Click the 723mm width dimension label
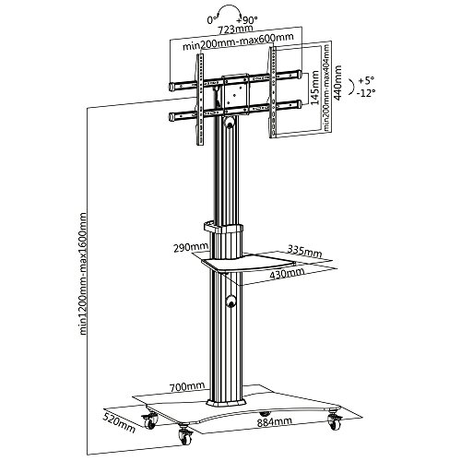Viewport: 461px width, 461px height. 235,30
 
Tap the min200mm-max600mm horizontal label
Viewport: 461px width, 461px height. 238,41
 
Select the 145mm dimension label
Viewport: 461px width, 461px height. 315,88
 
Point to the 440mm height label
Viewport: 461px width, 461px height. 337,82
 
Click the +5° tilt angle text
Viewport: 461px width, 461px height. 366,81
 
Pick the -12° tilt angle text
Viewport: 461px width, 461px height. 366,93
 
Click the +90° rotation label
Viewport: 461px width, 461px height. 247,20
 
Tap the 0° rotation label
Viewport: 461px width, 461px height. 212,20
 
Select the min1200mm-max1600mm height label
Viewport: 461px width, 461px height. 83,273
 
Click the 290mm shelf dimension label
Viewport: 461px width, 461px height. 191,248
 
